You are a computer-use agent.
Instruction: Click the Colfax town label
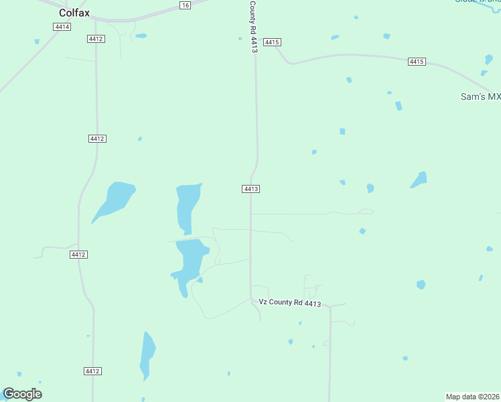(x=74, y=12)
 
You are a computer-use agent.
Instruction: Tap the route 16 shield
(x=185, y=5)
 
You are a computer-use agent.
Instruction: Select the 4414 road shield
(x=62, y=27)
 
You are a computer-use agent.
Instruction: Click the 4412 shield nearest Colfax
(x=96, y=39)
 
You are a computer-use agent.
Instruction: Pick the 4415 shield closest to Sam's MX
(x=417, y=62)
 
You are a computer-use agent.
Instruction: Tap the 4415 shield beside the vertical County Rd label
(x=271, y=42)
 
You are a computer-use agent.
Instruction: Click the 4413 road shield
(x=250, y=189)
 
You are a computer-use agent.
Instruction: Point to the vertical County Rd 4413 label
(x=253, y=27)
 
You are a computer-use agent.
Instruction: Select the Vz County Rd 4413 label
(x=290, y=303)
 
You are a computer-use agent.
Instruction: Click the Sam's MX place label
(x=480, y=97)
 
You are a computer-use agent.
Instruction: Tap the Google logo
(x=22, y=394)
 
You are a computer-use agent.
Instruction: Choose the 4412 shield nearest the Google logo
(x=92, y=371)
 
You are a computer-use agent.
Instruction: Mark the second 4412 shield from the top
(x=97, y=139)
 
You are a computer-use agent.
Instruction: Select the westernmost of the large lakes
(x=115, y=199)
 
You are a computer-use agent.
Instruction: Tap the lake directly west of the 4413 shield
(x=188, y=206)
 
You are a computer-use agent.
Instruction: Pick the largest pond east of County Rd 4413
(x=419, y=180)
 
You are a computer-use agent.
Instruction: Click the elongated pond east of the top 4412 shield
(x=141, y=36)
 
